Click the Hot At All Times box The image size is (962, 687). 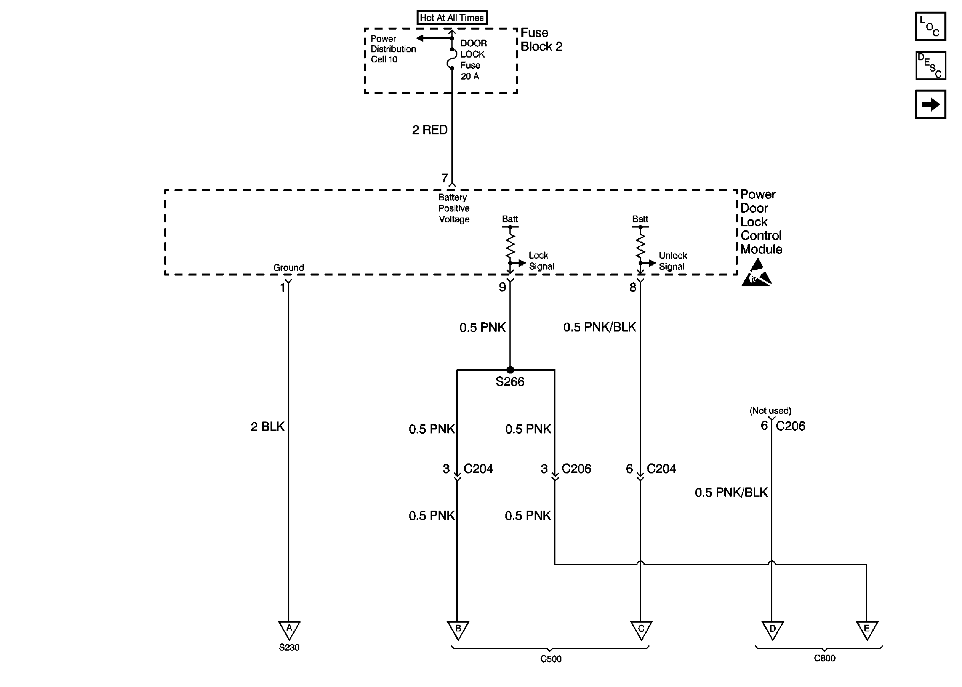pyautogui.click(x=451, y=18)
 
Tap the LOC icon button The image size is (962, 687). pyautogui.click(x=930, y=26)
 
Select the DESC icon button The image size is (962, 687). pyautogui.click(x=930, y=66)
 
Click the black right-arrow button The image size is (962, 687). pyautogui.click(x=930, y=104)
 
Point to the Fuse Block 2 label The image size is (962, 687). pyautogui.click(x=541, y=39)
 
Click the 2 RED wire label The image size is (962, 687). pyautogui.click(x=429, y=130)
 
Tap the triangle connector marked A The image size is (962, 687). pyautogui.click(x=289, y=629)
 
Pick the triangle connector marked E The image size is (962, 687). pyautogui.click(x=867, y=629)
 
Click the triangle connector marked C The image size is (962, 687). pyautogui.click(x=641, y=629)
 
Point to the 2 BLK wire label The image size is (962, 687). pyautogui.click(x=267, y=426)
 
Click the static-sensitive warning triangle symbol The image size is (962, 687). pyautogui.click(x=756, y=274)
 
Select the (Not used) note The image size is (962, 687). pyautogui.click(x=770, y=410)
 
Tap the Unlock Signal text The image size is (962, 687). pyautogui.click(x=673, y=261)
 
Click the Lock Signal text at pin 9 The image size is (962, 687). pyautogui.click(x=541, y=261)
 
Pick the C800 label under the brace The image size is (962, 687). pyautogui.click(x=824, y=658)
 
